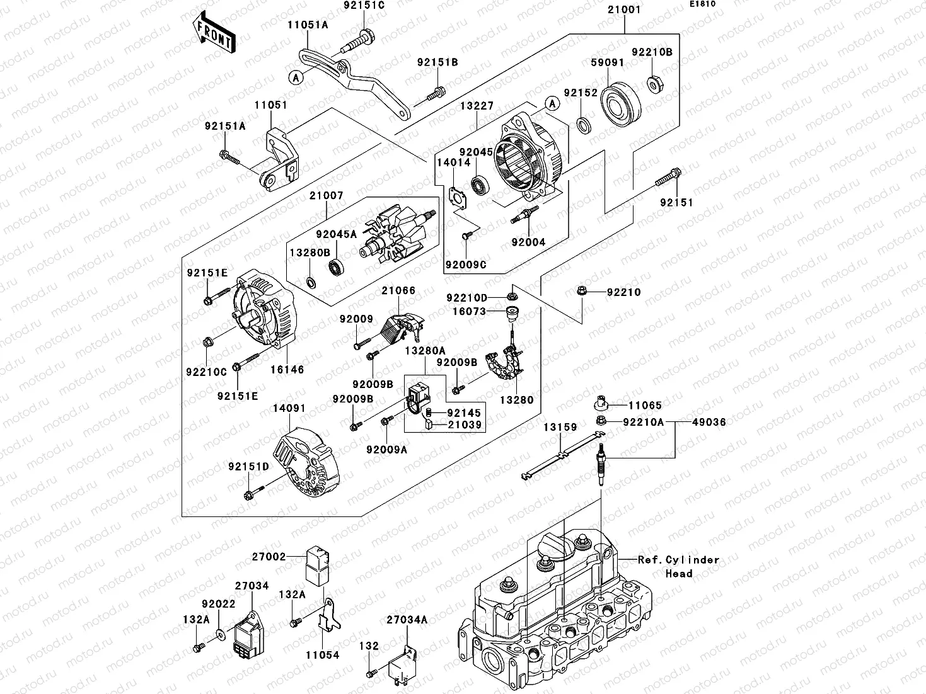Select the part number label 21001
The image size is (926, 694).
pos(624,10)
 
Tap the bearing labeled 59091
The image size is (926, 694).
pos(621,103)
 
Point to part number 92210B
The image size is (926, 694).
pos(652,52)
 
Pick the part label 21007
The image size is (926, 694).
pos(326,196)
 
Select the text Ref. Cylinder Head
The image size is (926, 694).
pos(678,566)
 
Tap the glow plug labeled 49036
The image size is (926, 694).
pos(601,464)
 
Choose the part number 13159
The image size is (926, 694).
pos(560,427)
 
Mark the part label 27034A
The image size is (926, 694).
pos(407,620)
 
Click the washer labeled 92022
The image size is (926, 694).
pos(218,632)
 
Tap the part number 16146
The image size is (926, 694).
pos(287,370)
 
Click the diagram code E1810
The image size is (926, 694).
pos(702,4)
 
